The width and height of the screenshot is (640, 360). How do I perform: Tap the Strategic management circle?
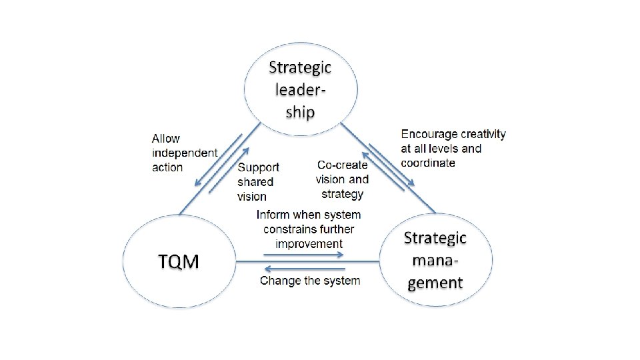pos(435,261)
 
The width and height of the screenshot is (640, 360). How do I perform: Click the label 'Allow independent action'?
pos(184,153)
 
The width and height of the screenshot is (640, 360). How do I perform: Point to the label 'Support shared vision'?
pos(258,181)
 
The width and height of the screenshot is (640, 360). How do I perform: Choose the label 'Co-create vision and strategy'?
pos(342,179)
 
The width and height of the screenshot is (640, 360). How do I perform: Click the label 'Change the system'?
pos(310,281)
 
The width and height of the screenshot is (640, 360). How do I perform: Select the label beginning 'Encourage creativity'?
pos(453,148)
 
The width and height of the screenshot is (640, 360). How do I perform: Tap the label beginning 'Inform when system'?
pos(309,229)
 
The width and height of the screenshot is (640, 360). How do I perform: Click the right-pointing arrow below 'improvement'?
pos(303,254)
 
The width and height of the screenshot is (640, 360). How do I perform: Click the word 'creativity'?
pos(483,134)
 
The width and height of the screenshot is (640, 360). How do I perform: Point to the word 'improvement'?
pos(309,243)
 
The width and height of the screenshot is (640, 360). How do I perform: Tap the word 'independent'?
pos(185,153)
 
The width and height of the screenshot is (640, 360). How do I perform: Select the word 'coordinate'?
pos(428,163)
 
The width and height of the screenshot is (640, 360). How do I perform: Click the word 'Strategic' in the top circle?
pos(300,67)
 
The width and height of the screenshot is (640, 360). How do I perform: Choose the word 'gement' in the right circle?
pos(435,283)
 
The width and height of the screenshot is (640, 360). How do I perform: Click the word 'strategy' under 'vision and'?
pos(342,194)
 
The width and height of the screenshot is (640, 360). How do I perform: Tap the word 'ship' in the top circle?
pos(300,111)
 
